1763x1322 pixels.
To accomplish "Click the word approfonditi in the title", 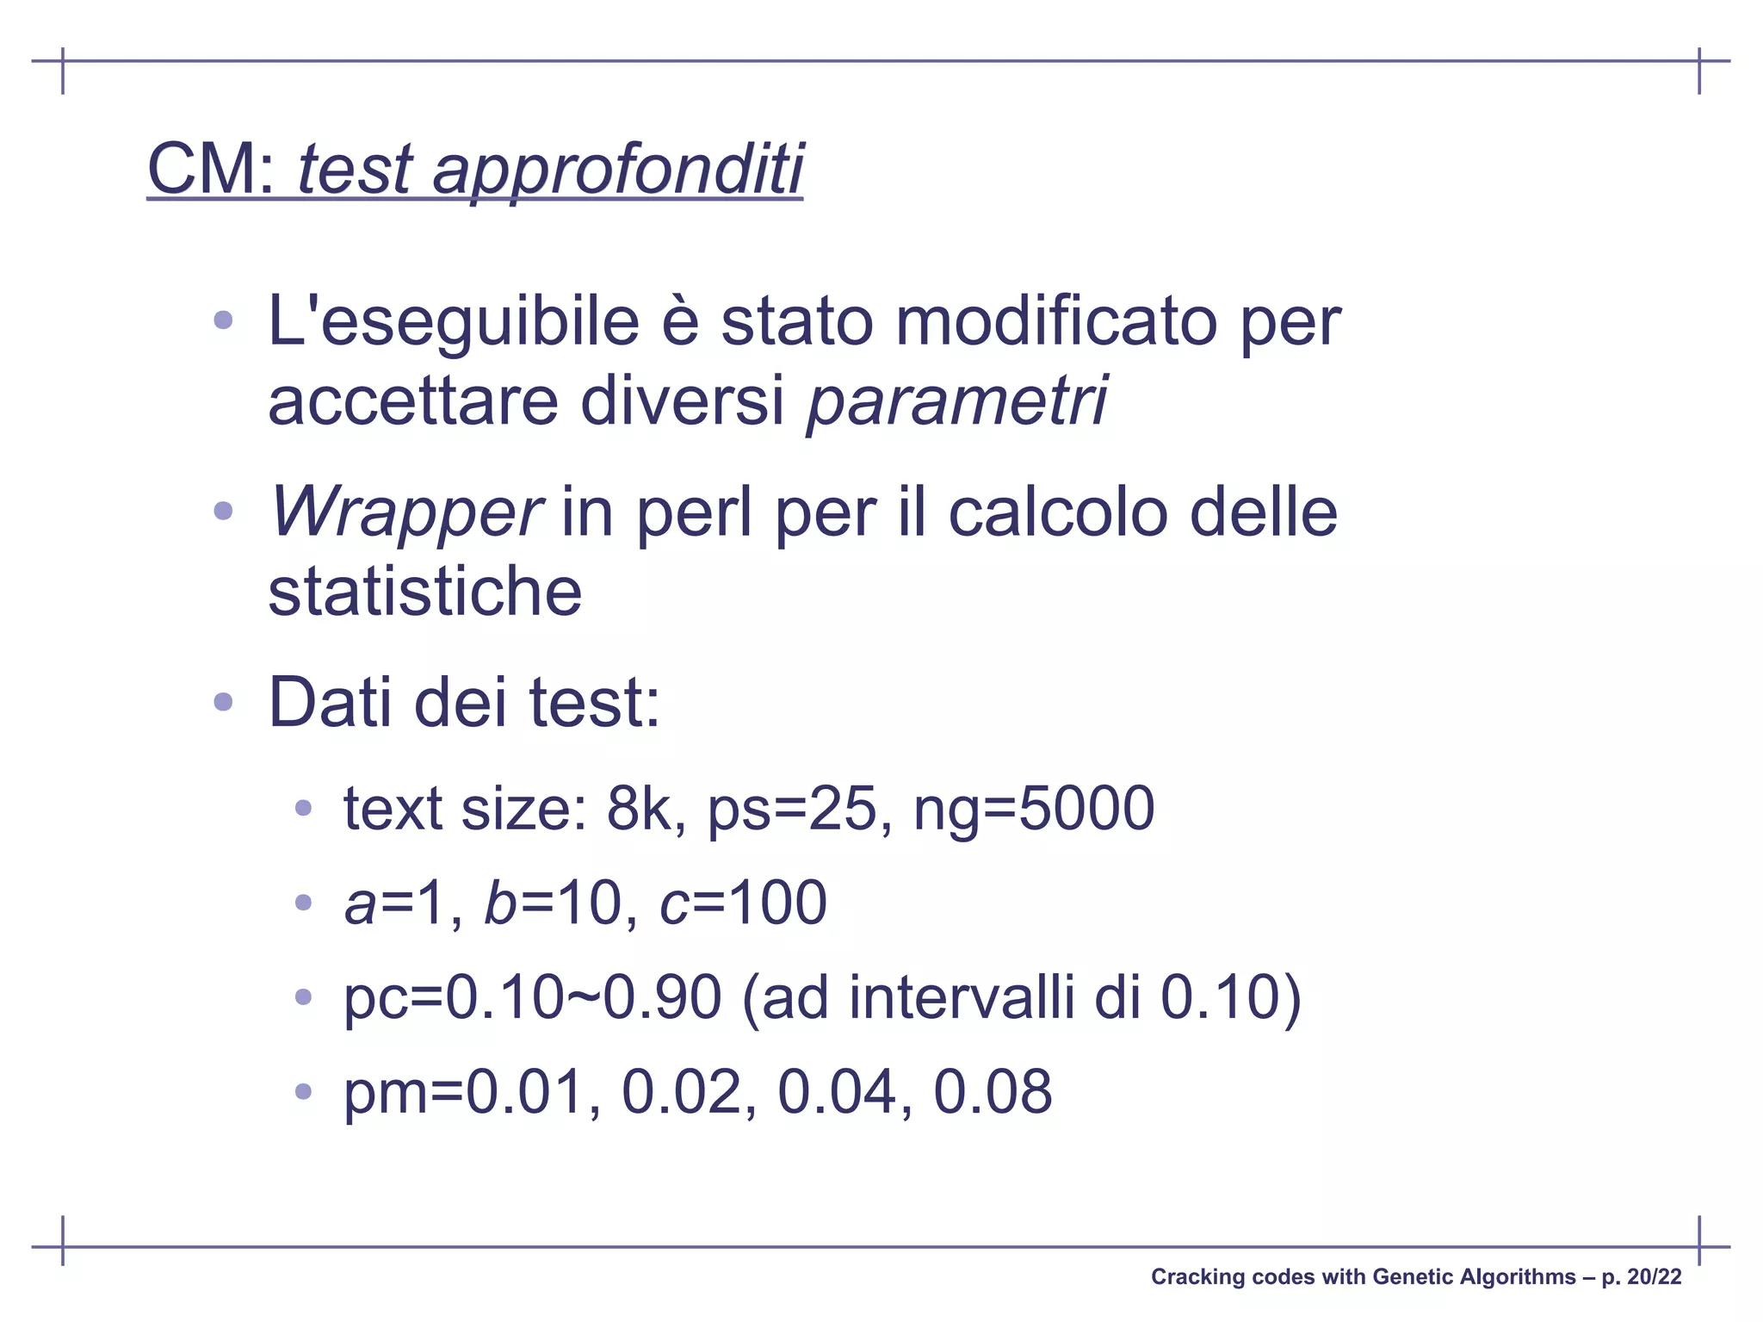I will (617, 169).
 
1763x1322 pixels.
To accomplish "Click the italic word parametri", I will (956, 400).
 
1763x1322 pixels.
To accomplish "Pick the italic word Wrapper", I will (405, 512).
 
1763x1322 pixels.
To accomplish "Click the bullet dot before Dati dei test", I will (223, 702).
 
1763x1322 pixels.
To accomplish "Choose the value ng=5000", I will (1033, 809).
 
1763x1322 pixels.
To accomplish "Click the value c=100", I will (743, 903).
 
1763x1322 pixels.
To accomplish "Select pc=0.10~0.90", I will (532, 998).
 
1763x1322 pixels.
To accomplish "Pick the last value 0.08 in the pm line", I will (993, 1092).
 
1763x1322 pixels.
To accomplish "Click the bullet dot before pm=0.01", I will (302, 1092).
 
